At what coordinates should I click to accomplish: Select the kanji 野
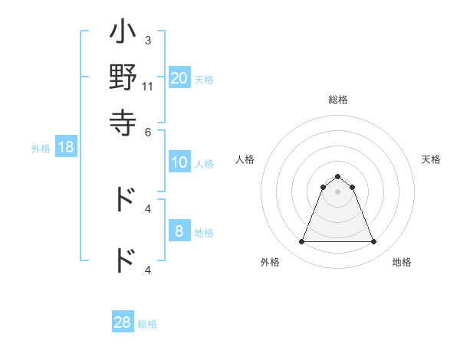click(123, 78)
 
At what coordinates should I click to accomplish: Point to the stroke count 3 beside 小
click(148, 40)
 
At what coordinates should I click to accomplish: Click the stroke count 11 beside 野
click(148, 87)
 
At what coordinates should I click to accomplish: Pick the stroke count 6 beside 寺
click(148, 131)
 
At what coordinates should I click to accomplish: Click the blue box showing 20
click(179, 77)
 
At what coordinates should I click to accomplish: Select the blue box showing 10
click(179, 162)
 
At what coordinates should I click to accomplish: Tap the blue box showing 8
click(179, 231)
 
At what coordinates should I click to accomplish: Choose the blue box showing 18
click(66, 147)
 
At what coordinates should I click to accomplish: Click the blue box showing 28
click(123, 322)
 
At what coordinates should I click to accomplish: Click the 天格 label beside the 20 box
click(204, 79)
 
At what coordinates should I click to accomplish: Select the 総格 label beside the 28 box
click(147, 324)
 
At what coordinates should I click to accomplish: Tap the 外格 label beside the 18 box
click(41, 149)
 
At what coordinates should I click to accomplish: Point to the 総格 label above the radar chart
click(337, 100)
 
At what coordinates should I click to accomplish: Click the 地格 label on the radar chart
click(402, 262)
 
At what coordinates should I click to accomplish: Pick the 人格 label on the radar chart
click(245, 159)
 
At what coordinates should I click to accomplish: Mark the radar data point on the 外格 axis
click(301, 242)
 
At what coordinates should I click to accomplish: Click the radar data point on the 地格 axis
click(374, 242)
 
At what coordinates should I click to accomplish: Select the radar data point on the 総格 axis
click(337, 176)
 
